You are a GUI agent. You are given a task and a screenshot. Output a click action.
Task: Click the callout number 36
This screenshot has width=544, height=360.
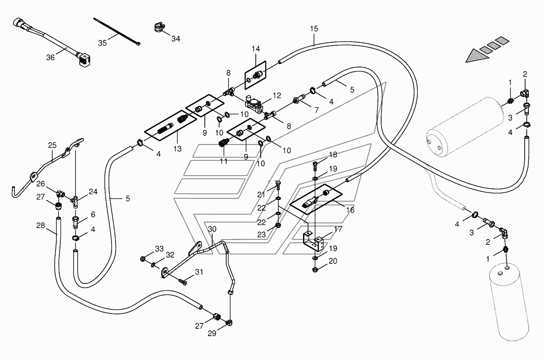pyautogui.click(x=51, y=58)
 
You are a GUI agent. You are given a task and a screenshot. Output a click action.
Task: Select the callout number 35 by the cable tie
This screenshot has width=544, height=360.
pyautogui.click(x=102, y=43)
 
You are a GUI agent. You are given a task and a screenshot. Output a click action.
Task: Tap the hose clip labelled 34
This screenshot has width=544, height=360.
pyautogui.click(x=160, y=27)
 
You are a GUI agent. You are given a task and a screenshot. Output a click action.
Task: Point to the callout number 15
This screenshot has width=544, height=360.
pyautogui.click(x=314, y=29)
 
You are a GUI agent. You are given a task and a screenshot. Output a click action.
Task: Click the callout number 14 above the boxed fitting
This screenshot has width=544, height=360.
pyautogui.click(x=256, y=49)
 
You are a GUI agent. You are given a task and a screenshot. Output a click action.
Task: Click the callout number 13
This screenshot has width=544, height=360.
pyautogui.click(x=178, y=149)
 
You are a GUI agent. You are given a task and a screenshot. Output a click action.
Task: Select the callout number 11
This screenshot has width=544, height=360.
pyautogui.click(x=224, y=161)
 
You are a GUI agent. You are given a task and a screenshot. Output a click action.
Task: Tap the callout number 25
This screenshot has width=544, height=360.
pyautogui.click(x=52, y=145)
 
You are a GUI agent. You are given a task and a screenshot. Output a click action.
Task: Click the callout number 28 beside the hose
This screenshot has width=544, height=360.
pyautogui.click(x=41, y=225)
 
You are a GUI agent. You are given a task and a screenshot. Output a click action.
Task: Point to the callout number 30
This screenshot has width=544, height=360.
pyautogui.click(x=212, y=229)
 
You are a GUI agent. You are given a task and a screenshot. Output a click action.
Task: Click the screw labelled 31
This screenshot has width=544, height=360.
pyautogui.click(x=183, y=282)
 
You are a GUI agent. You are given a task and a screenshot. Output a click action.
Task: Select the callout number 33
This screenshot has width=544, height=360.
pyautogui.click(x=159, y=249)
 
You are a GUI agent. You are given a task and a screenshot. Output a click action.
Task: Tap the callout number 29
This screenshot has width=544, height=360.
pyautogui.click(x=212, y=334)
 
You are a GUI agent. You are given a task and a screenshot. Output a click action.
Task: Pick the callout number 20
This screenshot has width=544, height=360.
pyautogui.click(x=333, y=261)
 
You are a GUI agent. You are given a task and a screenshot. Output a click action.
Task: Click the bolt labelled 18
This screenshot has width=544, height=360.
pyautogui.click(x=315, y=166)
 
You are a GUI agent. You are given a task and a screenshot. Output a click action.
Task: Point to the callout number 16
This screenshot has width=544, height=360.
pyautogui.click(x=350, y=210)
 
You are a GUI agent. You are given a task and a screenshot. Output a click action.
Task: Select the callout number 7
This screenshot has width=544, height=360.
pyautogui.click(x=317, y=110)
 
